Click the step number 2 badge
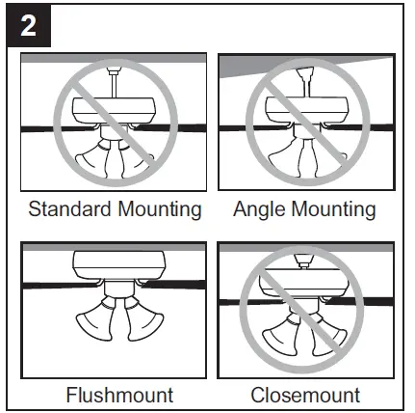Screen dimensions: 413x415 [x=29, y=26]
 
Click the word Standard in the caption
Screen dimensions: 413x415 [x=69, y=209]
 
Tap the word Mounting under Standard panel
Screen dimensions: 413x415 [x=157, y=209]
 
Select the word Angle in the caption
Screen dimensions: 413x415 [x=259, y=209]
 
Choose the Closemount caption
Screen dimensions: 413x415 [x=305, y=394]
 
